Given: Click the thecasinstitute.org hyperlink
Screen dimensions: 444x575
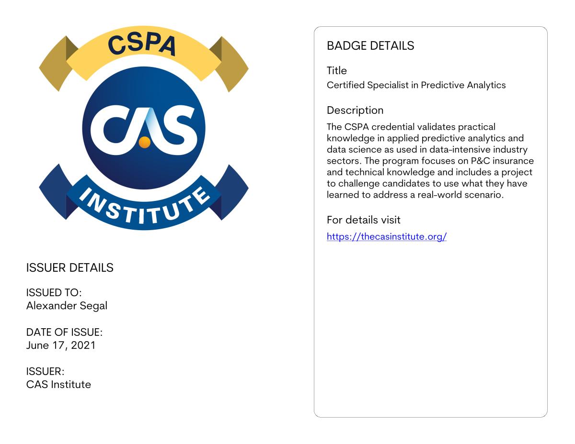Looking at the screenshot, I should [386, 236].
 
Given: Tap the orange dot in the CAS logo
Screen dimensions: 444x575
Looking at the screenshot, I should [144, 142].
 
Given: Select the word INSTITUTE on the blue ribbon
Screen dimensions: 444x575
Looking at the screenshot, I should [143, 207].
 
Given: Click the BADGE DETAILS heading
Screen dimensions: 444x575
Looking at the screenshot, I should [370, 46].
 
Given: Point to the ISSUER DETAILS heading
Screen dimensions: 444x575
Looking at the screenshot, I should [69, 268].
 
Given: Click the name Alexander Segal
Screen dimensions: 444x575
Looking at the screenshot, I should [67, 306].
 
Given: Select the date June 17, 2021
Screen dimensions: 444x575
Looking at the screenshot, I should [61, 345].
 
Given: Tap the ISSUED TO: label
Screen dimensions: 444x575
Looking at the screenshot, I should [54, 293].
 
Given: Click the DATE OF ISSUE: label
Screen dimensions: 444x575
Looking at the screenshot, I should [64, 332].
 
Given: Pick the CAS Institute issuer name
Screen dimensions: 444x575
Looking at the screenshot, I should [58, 384].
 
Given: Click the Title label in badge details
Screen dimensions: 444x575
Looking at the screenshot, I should [336, 71].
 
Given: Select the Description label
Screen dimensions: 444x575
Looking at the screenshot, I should [355, 111].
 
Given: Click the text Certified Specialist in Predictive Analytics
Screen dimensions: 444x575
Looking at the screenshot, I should [416, 85].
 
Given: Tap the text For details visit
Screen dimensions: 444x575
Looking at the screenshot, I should [363, 220].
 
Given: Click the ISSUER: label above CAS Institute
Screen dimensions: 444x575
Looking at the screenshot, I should [45, 371].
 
